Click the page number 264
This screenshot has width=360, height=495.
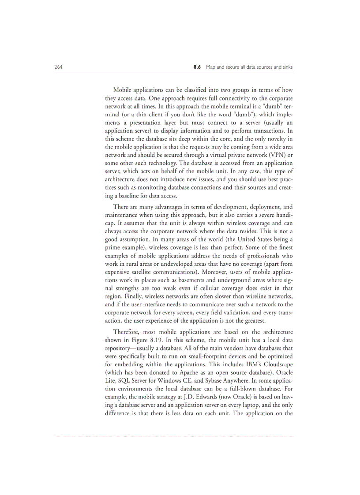pyautogui.click(x=58, y=67)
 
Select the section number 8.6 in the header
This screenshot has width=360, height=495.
pyautogui.click(x=197, y=67)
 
